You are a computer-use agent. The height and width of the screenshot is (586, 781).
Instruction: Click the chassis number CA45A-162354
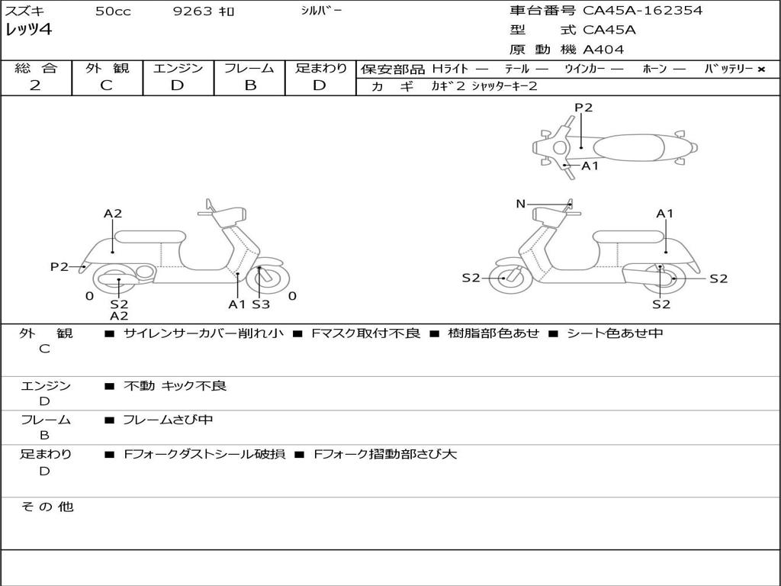click(x=642, y=11)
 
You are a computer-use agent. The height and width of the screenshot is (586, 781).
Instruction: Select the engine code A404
click(x=603, y=50)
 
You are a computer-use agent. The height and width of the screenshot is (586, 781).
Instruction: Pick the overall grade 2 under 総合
click(x=35, y=85)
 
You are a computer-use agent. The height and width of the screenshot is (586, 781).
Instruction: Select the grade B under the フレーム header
click(x=249, y=85)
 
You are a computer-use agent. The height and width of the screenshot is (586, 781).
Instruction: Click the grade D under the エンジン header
click(x=178, y=85)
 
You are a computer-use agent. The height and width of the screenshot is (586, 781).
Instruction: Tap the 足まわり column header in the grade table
click(x=320, y=69)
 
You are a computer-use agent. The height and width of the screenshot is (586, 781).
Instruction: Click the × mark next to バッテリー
click(x=760, y=69)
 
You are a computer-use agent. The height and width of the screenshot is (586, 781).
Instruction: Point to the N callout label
click(x=521, y=204)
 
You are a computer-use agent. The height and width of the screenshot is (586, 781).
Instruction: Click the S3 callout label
click(x=261, y=304)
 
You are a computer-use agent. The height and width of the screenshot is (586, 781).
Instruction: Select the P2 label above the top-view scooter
click(x=583, y=108)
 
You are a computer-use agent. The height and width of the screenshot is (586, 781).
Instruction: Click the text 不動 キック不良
click(x=175, y=386)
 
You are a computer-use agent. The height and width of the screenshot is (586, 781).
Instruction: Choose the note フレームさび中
click(x=168, y=420)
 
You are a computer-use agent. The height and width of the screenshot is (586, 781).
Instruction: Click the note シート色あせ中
click(x=615, y=333)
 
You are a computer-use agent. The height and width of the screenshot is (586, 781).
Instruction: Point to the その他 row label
click(x=47, y=507)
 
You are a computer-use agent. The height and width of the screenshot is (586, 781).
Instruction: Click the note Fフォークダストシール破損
click(x=204, y=454)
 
